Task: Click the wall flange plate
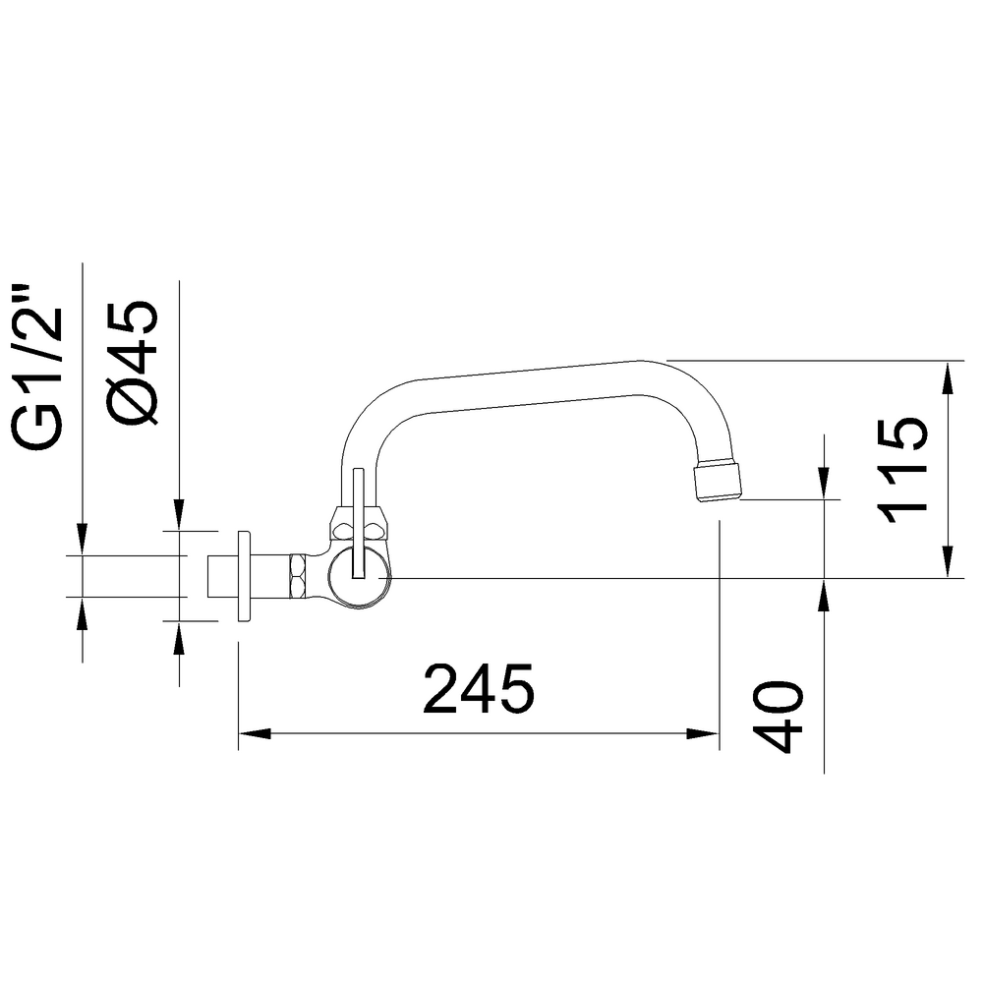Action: pyautogui.click(x=244, y=577)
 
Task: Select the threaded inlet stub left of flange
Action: pyautogui.click(x=221, y=577)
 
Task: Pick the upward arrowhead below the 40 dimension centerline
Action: pyautogui.click(x=824, y=595)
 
